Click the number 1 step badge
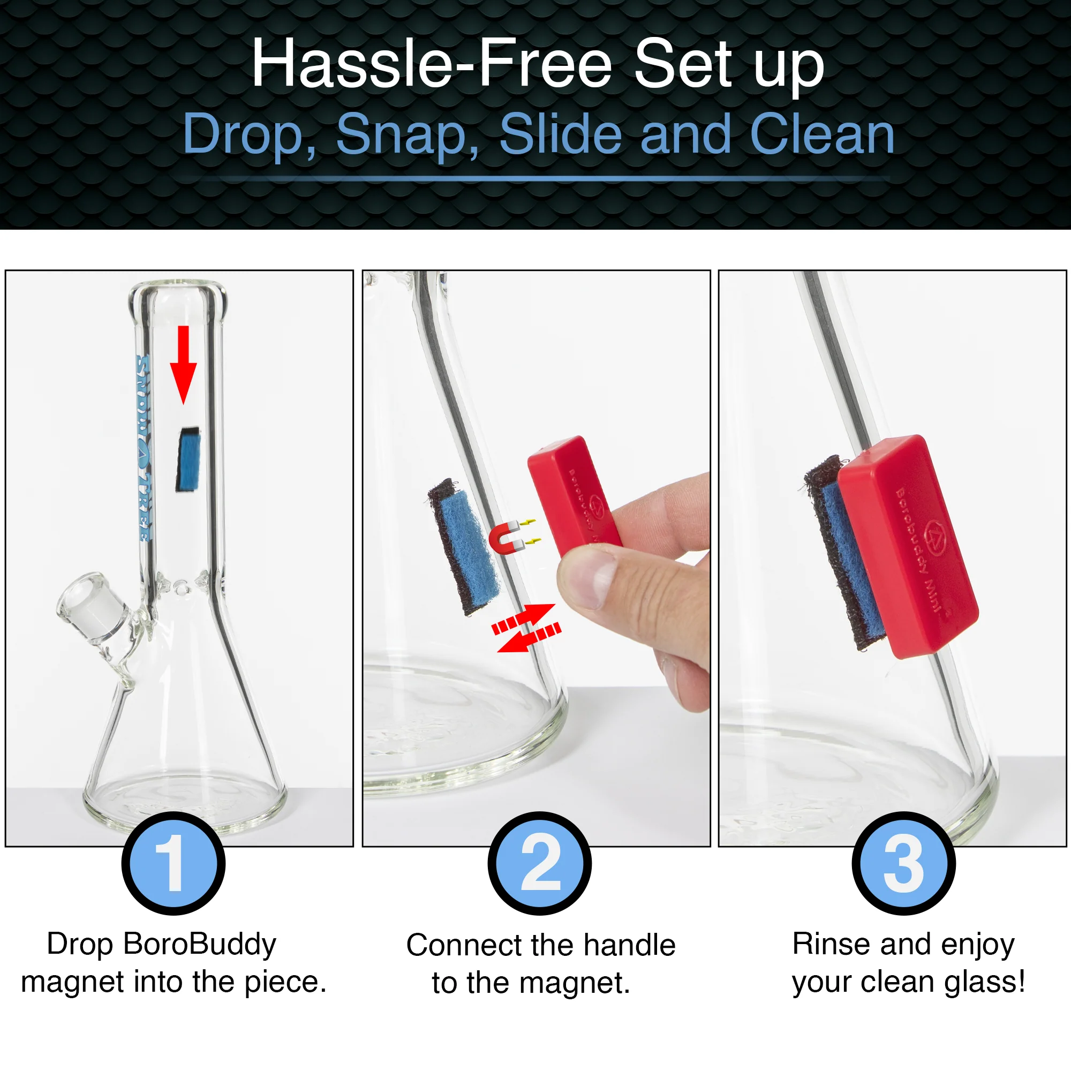173,863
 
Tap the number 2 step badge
539,863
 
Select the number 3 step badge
903,863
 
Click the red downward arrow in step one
184,364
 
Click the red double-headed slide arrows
526,628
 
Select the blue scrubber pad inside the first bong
188,459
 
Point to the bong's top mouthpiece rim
178,294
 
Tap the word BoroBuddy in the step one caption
200,944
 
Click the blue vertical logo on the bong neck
143,449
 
